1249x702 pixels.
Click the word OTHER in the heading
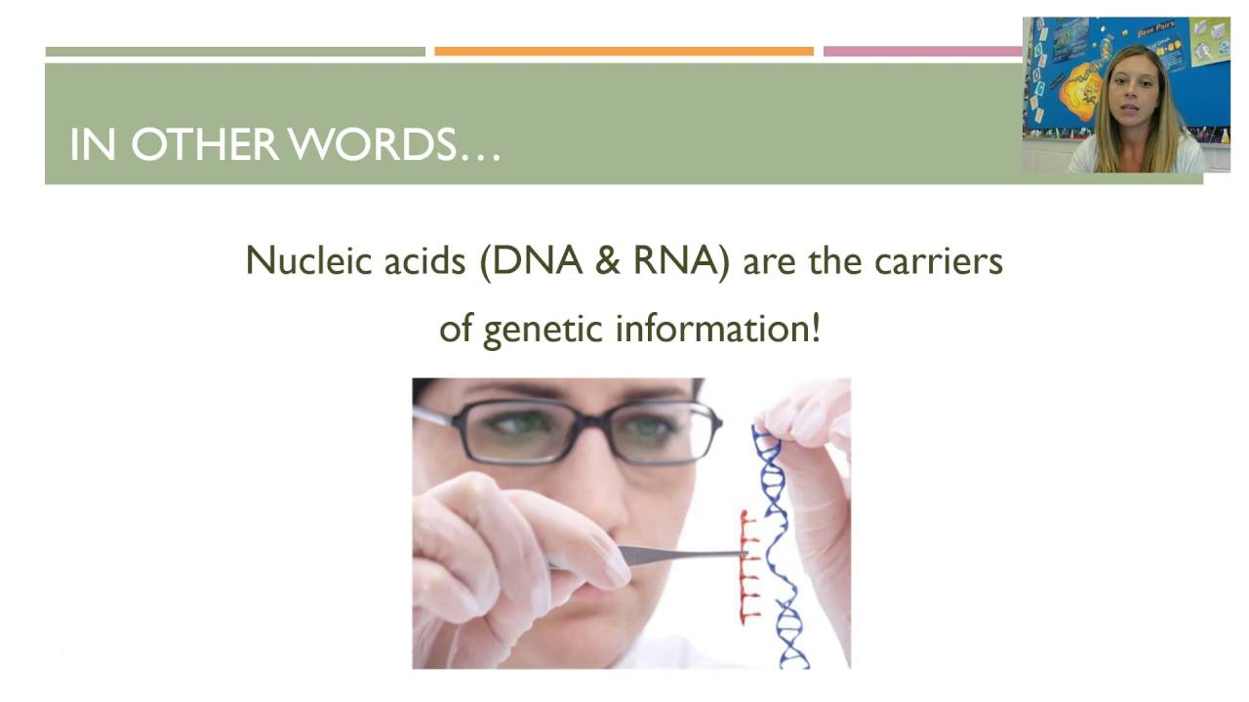(204, 144)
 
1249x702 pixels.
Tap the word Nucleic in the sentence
(299, 261)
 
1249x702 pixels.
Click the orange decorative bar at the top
(624, 52)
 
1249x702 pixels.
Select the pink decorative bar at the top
(921, 52)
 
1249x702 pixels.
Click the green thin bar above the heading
(235, 52)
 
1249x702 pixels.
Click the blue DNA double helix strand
(781, 546)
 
